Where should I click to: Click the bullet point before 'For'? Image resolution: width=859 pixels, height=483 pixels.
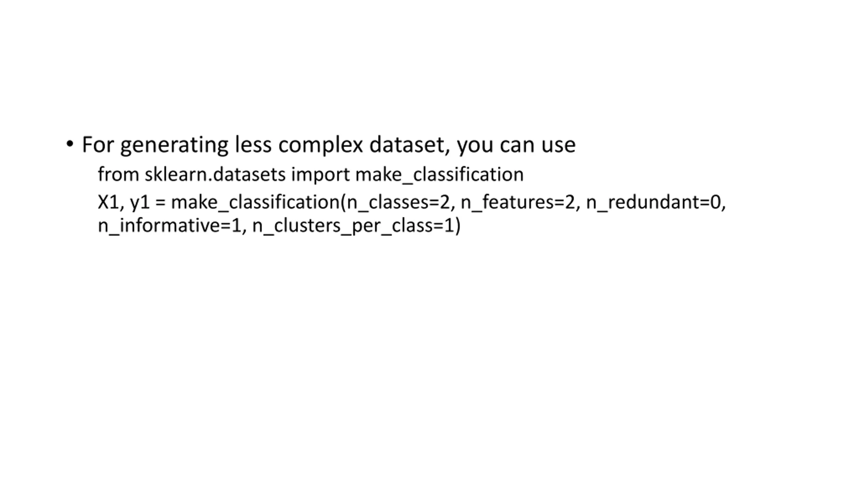tap(69, 144)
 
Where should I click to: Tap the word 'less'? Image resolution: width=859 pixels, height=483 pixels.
tap(253, 145)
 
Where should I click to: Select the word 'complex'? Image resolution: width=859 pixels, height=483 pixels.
tap(320, 145)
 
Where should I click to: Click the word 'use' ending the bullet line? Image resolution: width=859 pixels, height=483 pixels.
tap(558, 145)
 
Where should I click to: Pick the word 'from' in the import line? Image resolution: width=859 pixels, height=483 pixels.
tap(118, 174)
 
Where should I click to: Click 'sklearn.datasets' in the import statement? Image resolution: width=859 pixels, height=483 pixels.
tap(215, 174)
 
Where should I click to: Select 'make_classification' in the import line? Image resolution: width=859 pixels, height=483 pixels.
tap(439, 174)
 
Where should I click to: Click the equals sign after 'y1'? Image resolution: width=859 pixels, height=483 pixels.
tap(160, 203)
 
